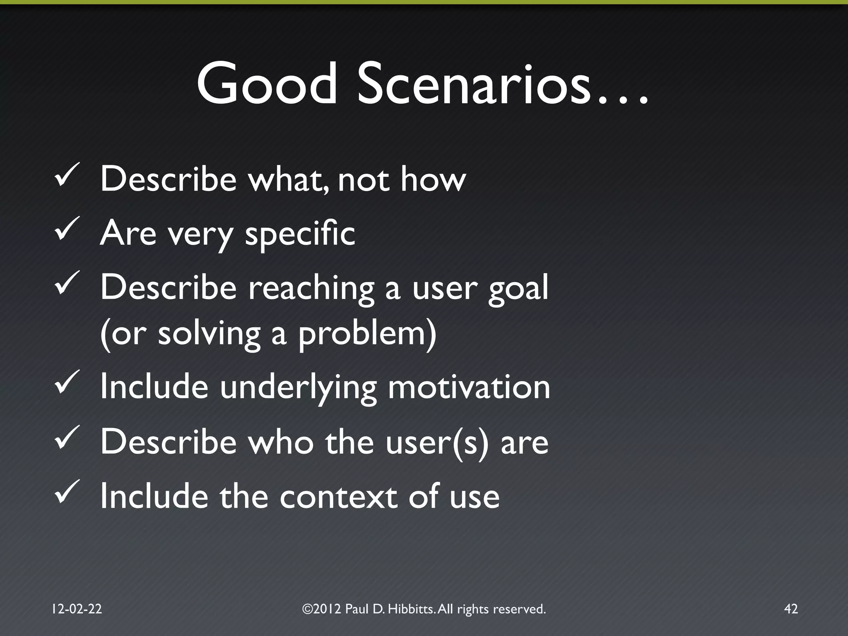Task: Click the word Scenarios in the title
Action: click(472, 84)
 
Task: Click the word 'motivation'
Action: click(469, 387)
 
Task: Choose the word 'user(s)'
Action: click(437, 443)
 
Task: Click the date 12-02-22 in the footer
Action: click(77, 609)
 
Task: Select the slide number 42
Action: click(791, 609)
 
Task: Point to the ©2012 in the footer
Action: click(322, 609)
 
